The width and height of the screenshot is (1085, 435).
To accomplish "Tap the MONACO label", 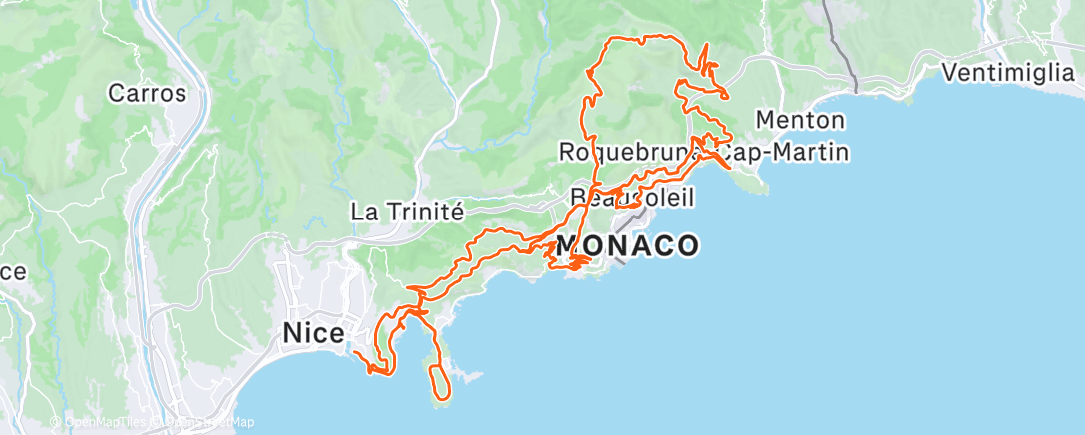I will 627,245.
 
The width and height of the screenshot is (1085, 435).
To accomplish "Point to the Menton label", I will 800,121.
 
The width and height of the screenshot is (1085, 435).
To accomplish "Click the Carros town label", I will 148,94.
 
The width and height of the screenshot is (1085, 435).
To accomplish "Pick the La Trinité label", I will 408,212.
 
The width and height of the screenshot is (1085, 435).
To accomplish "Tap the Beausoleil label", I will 632,197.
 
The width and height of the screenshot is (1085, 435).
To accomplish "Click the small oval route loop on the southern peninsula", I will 439,381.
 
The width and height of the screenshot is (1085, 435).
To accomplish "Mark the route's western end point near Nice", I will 354,352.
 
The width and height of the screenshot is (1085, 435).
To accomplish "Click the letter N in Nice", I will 292,331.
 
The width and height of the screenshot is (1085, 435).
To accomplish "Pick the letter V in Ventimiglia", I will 949,72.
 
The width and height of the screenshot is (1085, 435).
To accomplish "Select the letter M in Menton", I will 765,121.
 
